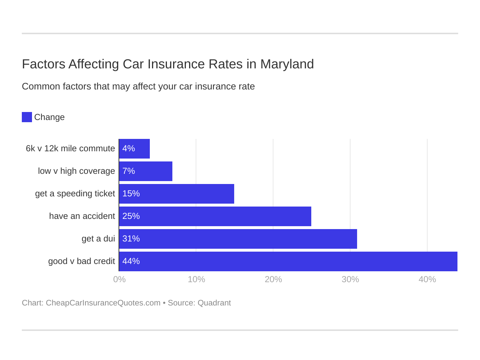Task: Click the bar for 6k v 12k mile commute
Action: (135, 149)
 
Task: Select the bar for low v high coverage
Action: (146, 171)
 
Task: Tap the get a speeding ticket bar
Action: (177, 194)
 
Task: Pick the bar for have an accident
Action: (215, 216)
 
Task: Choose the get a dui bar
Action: (238, 239)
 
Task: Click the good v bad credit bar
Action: (288, 261)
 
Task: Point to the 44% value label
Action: (131, 261)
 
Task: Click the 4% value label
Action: (129, 149)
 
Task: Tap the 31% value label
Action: (131, 239)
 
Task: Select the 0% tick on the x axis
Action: (119, 279)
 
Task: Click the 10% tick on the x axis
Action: (196, 279)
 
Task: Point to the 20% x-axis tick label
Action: (273, 279)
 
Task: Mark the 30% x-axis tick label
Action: (350, 279)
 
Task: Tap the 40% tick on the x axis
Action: (427, 279)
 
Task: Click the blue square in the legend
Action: (27, 117)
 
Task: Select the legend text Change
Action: (49, 117)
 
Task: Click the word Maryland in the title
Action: (287, 64)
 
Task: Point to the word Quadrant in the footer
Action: (214, 303)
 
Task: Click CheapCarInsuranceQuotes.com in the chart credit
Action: (103, 303)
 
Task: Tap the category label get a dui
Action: (98, 239)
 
